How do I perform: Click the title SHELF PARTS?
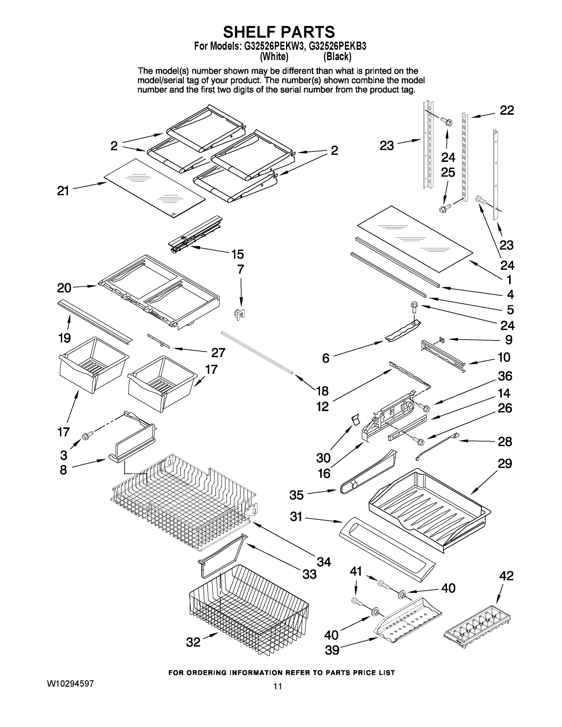279,32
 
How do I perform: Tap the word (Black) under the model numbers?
337,57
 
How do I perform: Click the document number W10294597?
70,684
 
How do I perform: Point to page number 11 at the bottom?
278,686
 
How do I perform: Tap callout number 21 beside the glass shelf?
63,191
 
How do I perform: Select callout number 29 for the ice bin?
505,463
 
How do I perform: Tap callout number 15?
238,254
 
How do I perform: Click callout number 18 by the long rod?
322,391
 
